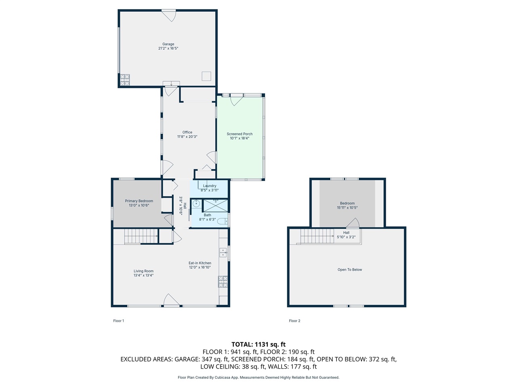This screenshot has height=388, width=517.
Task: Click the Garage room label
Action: tap(168, 44)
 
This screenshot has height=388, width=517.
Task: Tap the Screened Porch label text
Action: tap(240, 134)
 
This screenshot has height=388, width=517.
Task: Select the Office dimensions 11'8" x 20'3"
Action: tap(187, 137)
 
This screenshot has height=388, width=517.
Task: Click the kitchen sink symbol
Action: tap(223, 253)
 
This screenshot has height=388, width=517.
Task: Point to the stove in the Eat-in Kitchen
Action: tap(223, 281)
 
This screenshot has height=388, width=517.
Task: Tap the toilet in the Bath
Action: tap(222, 221)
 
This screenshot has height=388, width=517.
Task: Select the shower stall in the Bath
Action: tap(215, 205)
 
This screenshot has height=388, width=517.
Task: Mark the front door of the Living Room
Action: tap(171, 301)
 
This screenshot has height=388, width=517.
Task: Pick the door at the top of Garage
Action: tap(169, 15)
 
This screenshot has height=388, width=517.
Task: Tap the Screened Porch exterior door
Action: tap(236, 100)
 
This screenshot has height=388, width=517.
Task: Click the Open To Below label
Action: tap(350, 270)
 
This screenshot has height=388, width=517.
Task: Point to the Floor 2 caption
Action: tap(294, 321)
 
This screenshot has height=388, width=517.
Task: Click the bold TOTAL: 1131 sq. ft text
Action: tap(258, 344)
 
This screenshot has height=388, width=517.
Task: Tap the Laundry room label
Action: tap(210, 186)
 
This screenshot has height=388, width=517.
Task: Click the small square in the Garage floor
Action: tap(206, 76)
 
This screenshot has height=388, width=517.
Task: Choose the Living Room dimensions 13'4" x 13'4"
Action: tap(143, 275)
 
